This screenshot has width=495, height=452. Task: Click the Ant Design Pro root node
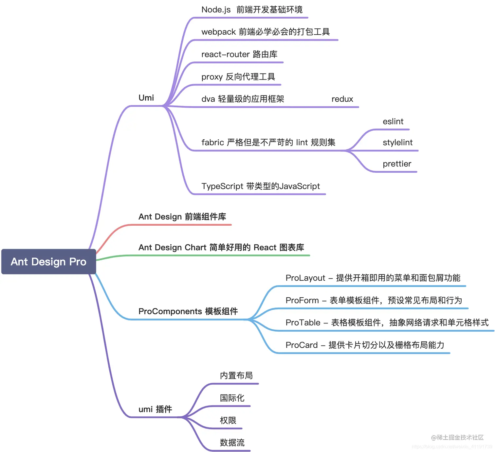tap(48, 262)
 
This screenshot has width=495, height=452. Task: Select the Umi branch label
tap(146, 98)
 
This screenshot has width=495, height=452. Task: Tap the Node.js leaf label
tap(216, 10)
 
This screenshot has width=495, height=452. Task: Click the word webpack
tap(218, 32)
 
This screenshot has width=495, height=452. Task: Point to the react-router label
tap(226, 54)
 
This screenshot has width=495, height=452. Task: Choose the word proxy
tap(212, 77)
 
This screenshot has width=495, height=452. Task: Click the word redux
tap(342, 99)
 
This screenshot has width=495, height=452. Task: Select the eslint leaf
tap(393, 122)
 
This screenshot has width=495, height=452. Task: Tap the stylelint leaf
tap(397, 143)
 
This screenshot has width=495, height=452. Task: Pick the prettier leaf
tap(397, 164)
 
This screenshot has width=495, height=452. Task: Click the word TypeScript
tap(222, 186)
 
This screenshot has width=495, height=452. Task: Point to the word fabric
tap(212, 143)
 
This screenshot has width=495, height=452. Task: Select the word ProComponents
tap(170, 311)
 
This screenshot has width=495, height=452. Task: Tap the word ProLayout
tap(305, 278)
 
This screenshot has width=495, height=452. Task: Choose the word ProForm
tap(302, 301)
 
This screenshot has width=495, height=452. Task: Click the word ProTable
tap(303, 323)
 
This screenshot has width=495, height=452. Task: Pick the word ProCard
tap(302, 345)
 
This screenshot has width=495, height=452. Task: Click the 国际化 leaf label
tap(232, 398)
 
